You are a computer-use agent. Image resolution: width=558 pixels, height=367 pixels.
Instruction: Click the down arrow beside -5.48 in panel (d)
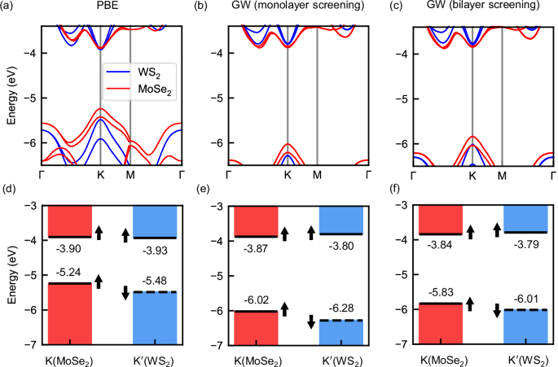[125, 292]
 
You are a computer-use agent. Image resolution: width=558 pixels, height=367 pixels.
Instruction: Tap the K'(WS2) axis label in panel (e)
[341, 357]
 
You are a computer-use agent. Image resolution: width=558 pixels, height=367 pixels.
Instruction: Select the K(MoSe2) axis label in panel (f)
[441, 357]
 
